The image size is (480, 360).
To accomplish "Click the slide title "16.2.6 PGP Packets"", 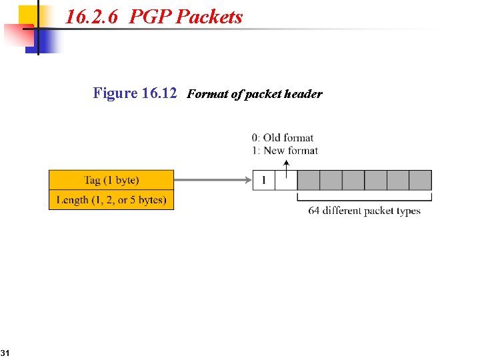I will (154, 17).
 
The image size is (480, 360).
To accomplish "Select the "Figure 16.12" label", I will (135, 93).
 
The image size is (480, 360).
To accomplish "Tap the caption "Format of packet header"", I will (254, 94).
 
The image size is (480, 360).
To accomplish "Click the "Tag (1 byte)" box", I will (111, 180).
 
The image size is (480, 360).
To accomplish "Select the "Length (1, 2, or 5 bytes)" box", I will (111, 200).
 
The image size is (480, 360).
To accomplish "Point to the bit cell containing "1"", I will (264, 180).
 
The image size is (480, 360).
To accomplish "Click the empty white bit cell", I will (286, 180).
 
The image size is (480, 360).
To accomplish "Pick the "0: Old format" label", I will (283, 138).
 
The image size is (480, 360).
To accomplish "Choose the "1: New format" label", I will (285, 151).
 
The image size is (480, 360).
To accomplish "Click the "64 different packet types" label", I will (364, 211).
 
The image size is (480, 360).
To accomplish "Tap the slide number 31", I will (4, 352).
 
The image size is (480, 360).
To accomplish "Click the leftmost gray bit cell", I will (308, 180).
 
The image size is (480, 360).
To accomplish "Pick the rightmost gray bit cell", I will (420, 180).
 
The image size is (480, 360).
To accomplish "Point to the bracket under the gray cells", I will (364, 197).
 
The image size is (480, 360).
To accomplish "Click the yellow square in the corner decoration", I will (28, 16).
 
